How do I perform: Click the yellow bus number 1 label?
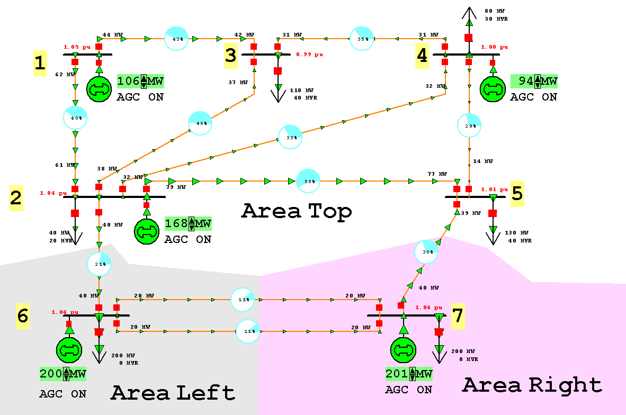(40, 63)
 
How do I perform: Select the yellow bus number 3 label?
(230, 55)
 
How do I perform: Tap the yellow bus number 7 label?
(457, 316)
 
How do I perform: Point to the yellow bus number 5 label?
(517, 194)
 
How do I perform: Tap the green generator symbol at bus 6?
(69, 350)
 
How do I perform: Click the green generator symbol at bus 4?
(493, 88)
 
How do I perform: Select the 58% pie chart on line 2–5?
(308, 181)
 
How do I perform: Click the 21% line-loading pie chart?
(99, 264)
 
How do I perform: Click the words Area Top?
(297, 211)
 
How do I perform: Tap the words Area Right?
(532, 385)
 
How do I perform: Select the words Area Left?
(173, 393)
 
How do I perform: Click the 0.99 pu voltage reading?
(310, 54)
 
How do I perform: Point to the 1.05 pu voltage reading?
(74, 46)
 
